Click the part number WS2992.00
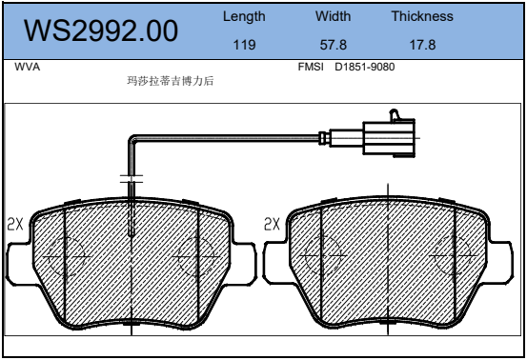[101, 30]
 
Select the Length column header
[244, 16]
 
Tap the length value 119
[244, 45]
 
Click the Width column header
[333, 16]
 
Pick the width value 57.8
[334, 45]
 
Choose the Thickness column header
[422, 16]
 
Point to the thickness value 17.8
[422, 45]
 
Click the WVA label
[28, 67]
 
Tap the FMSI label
[311, 67]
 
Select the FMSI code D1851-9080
[365, 67]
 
